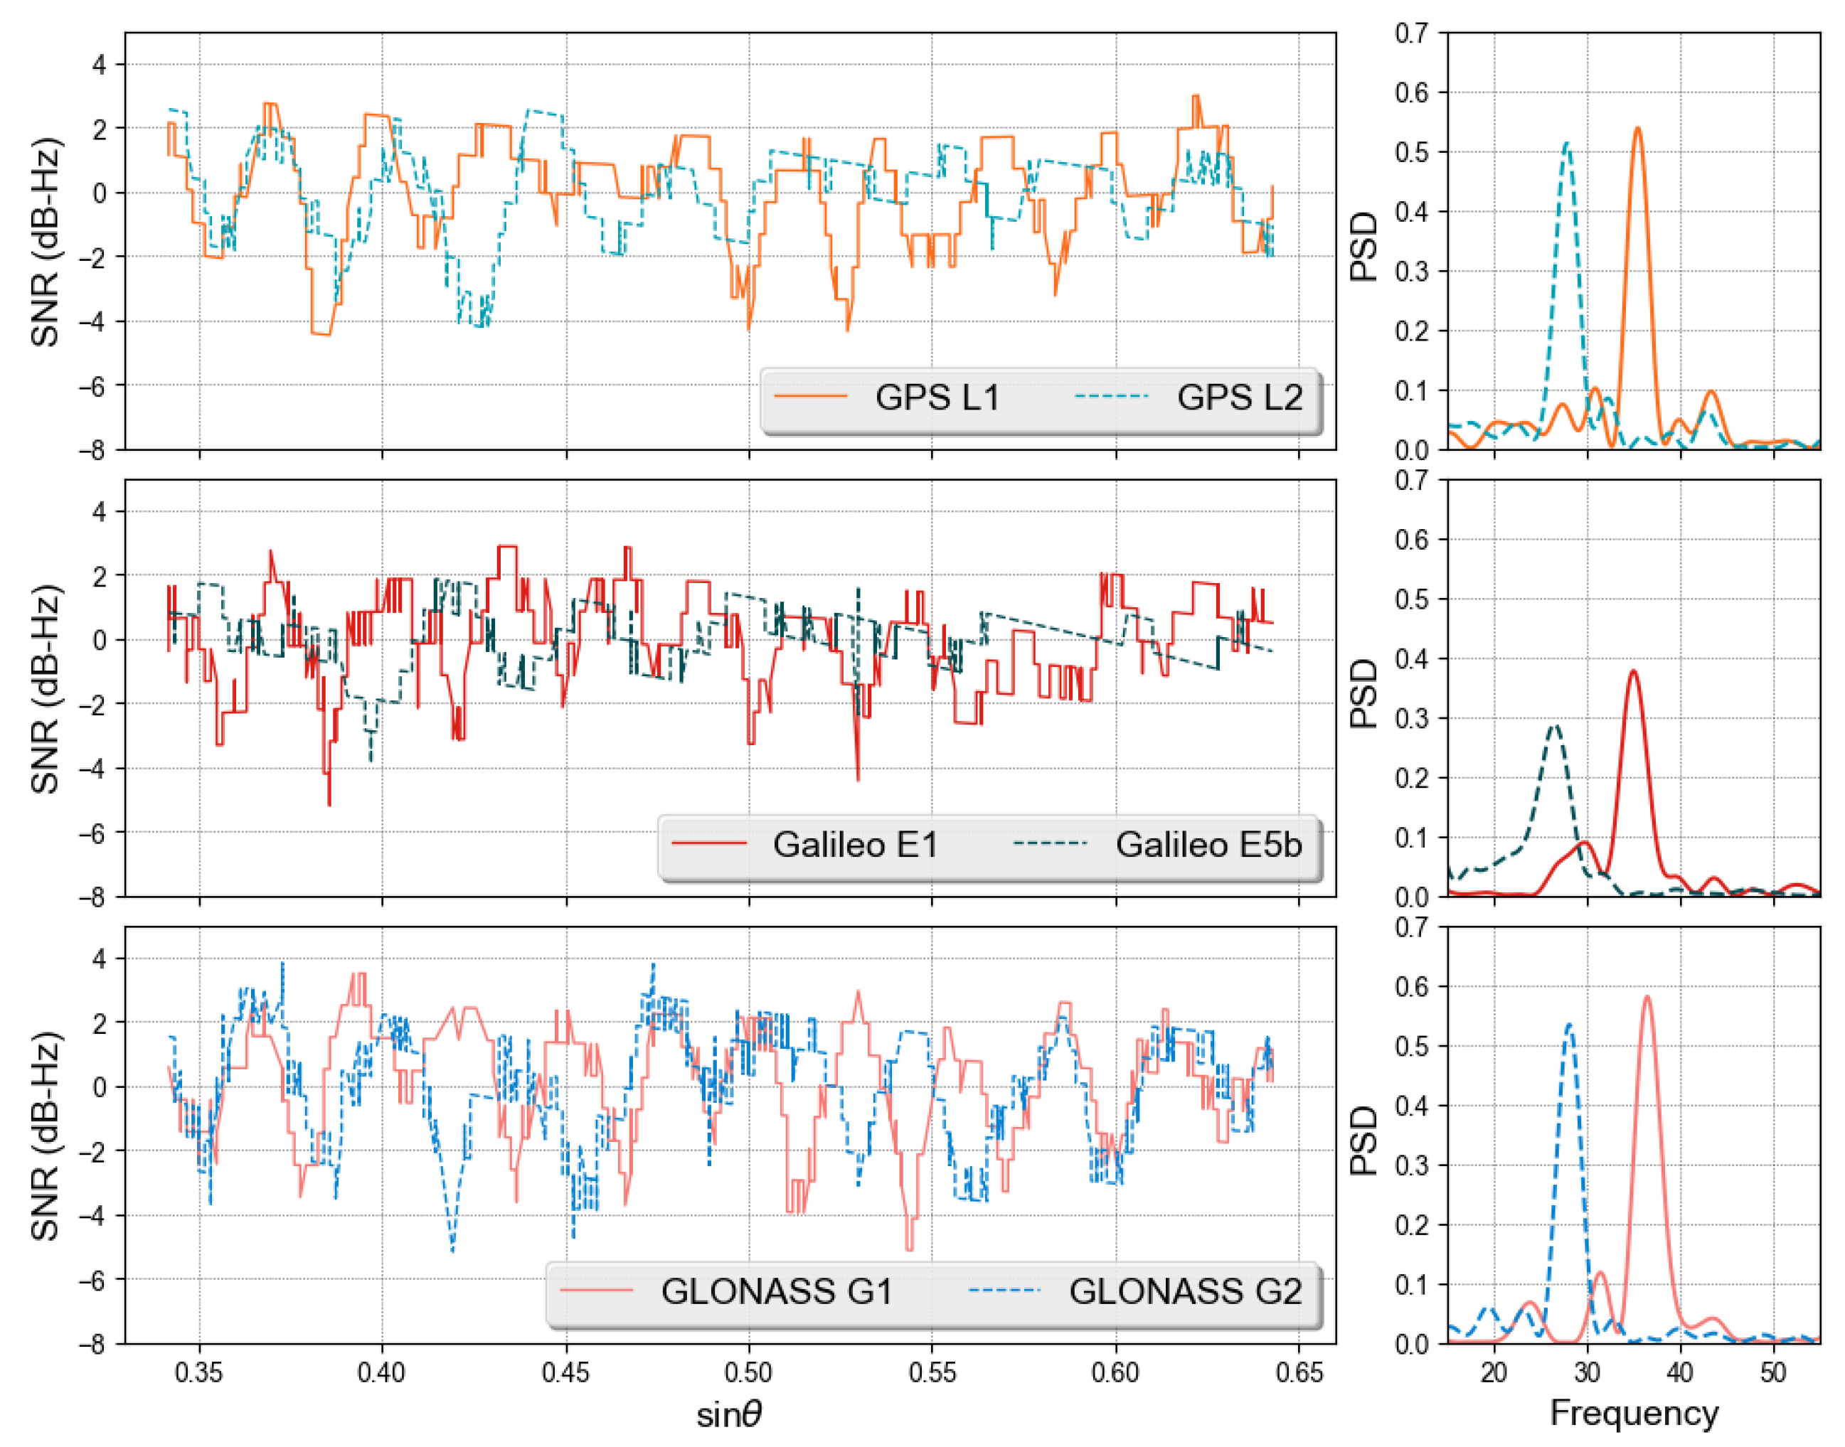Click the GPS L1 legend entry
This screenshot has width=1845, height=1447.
(x=937, y=397)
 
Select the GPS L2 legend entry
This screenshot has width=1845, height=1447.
(x=1238, y=397)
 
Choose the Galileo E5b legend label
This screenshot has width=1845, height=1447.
(x=1208, y=845)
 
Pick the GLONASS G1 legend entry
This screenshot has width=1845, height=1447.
(x=776, y=1291)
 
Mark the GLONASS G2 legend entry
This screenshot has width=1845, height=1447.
(x=1184, y=1291)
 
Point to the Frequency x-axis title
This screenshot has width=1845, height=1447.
(x=1633, y=1413)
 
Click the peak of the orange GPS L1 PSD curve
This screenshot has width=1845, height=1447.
(x=1637, y=129)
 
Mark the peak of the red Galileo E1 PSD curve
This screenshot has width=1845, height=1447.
(x=1632, y=671)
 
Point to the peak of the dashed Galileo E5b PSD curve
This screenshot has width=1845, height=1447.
(x=1555, y=725)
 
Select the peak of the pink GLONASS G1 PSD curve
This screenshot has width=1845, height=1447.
(x=1647, y=996)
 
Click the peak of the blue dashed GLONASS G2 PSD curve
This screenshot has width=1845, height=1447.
(x=1569, y=1025)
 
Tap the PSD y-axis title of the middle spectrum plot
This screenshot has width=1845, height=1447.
(x=1363, y=695)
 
